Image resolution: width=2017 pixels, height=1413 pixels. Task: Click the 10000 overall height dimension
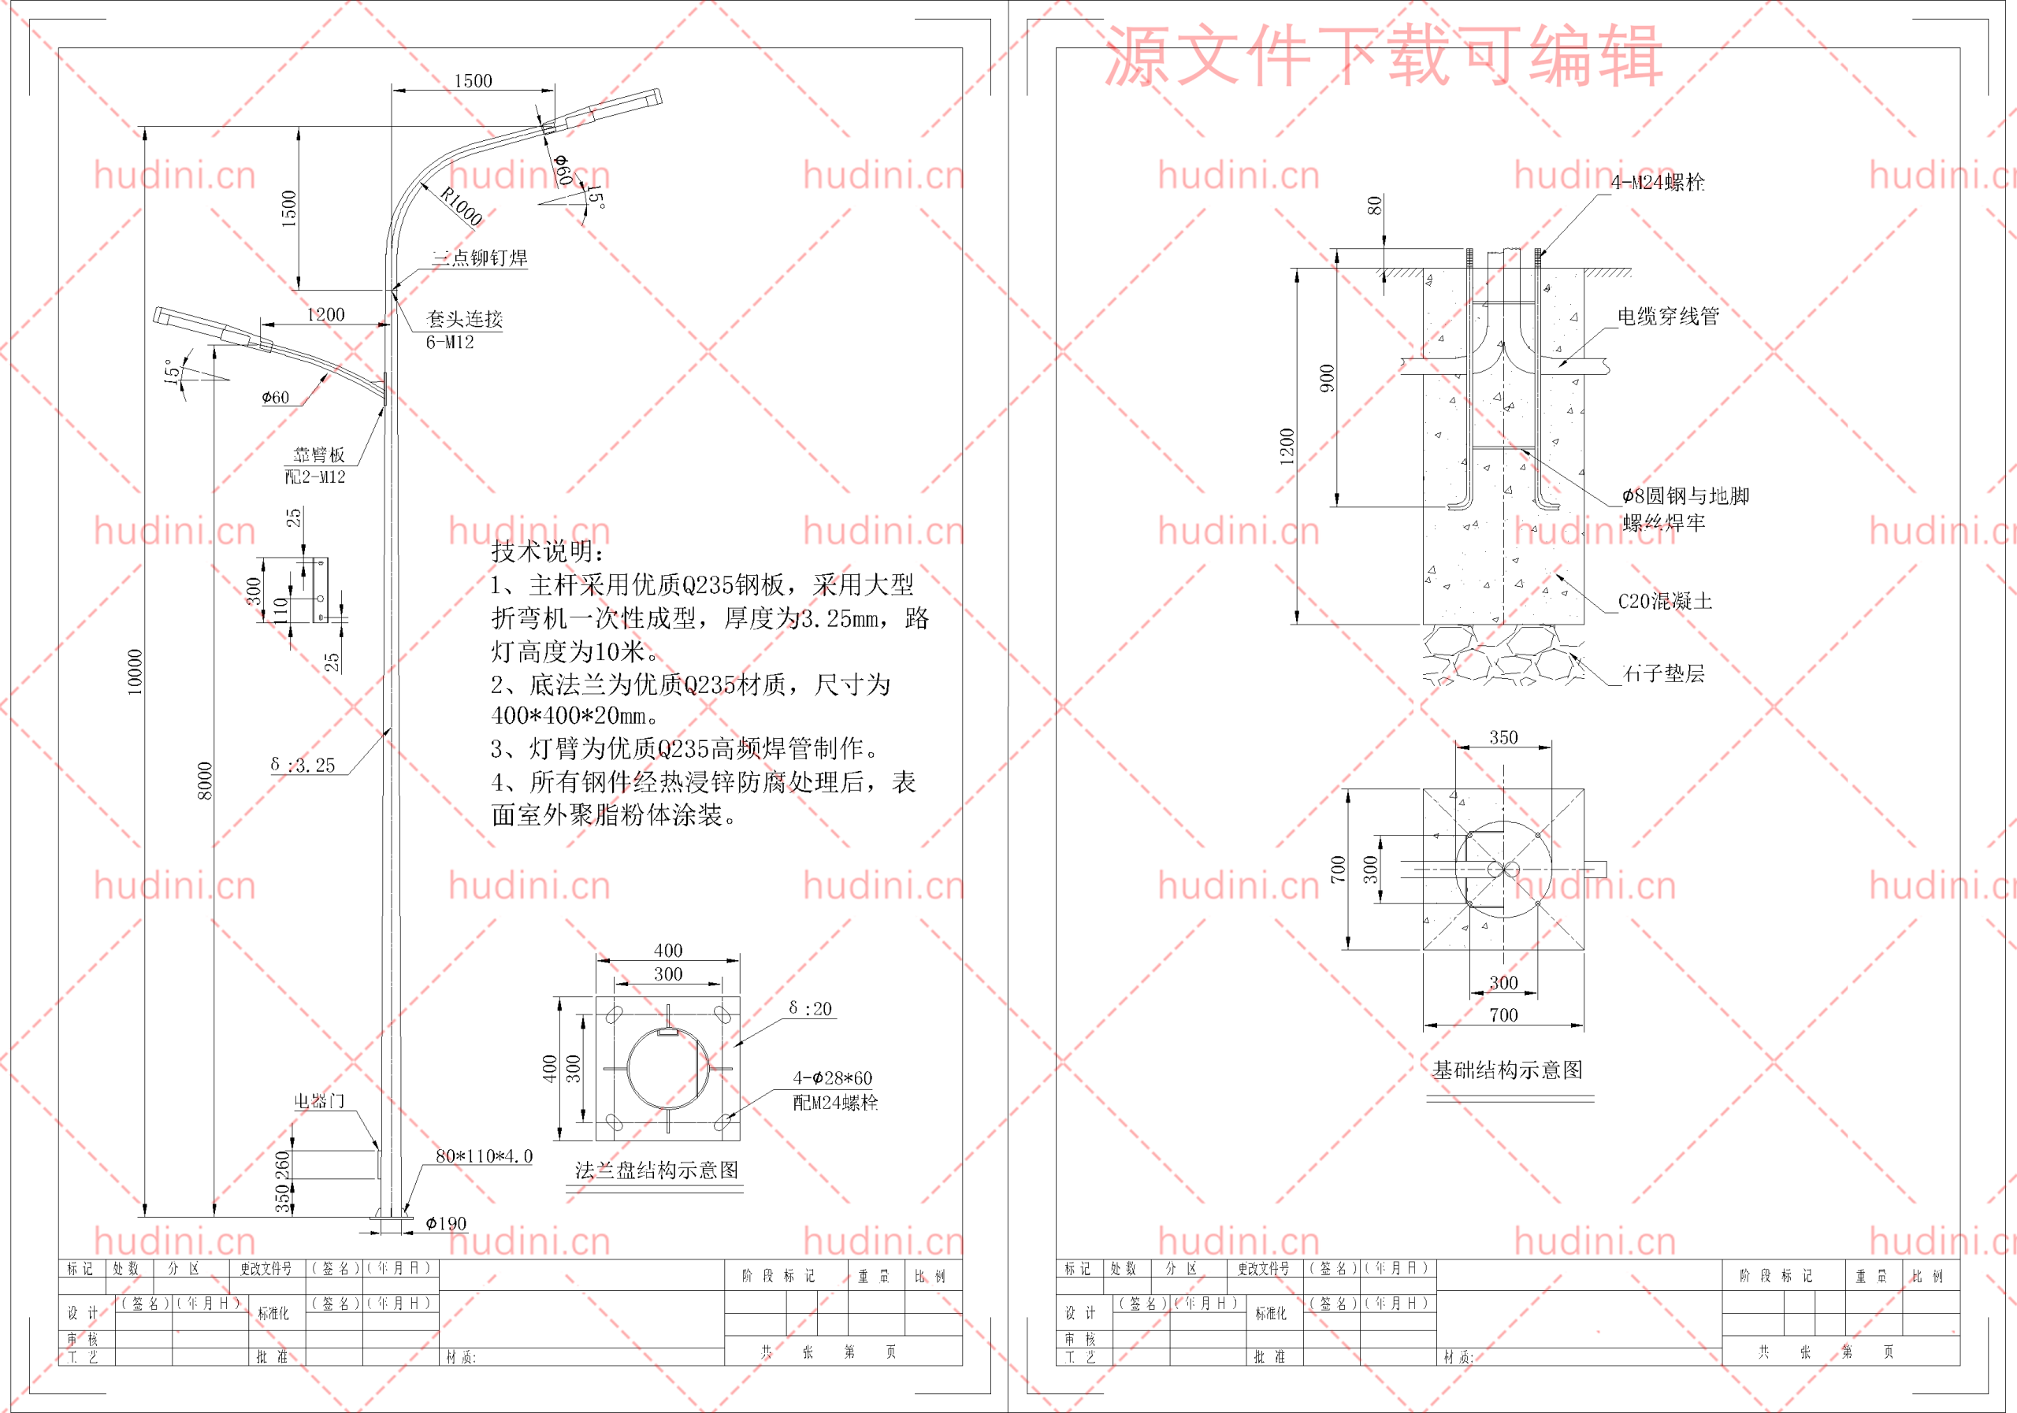point(135,672)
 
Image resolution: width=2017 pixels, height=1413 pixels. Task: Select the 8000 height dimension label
point(205,781)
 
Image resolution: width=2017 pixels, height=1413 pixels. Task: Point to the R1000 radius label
point(460,206)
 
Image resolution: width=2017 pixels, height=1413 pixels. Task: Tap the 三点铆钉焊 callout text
point(480,258)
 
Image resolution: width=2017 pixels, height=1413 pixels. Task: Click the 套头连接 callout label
point(464,319)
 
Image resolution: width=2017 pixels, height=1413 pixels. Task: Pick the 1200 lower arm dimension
point(325,314)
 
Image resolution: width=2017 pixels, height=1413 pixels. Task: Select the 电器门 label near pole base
point(319,1100)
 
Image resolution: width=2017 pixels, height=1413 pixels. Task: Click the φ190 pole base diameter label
point(445,1223)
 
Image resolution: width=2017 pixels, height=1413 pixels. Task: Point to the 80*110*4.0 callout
point(484,1155)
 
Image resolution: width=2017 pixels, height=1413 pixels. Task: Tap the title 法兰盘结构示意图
point(656,1170)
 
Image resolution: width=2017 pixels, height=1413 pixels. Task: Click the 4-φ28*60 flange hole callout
point(832,1077)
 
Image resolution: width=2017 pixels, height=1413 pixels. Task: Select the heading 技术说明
point(548,551)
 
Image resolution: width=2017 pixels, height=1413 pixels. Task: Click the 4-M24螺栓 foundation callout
point(1657,182)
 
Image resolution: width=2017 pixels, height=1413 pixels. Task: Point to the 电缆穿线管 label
point(1667,316)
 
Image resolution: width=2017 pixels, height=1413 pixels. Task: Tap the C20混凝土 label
point(1665,601)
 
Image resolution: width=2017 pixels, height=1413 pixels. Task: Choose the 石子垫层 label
point(1663,673)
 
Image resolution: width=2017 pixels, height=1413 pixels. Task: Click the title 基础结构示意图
point(1507,1070)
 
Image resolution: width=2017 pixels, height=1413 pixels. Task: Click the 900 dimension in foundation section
point(1327,377)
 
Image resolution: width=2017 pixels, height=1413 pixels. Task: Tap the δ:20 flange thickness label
point(809,1008)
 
